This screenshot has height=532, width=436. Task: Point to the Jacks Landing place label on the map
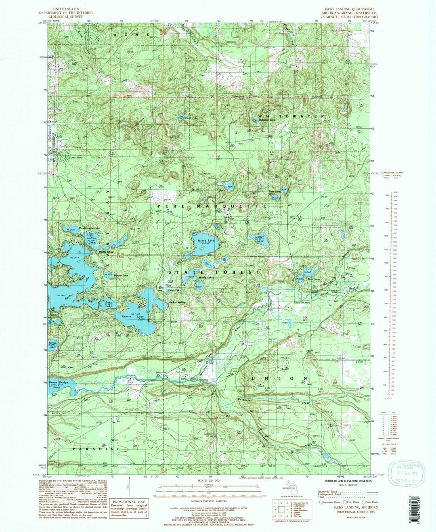[x=178, y=302]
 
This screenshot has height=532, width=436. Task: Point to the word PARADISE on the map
[x=96, y=448]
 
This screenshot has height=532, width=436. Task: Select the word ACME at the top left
[x=132, y=35]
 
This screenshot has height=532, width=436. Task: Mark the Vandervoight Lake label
[x=89, y=228]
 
